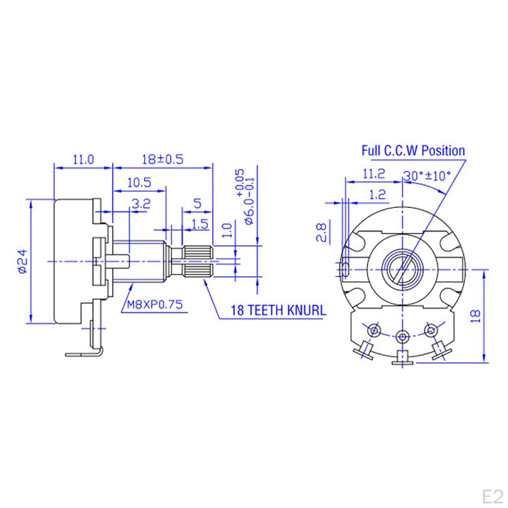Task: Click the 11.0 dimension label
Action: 83,159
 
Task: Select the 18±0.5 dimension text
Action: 162,159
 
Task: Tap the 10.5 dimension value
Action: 139,182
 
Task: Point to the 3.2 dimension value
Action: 141,203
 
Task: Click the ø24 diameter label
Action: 21,261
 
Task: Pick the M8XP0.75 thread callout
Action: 153,305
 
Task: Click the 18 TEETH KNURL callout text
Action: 278,311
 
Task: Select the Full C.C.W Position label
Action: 413,151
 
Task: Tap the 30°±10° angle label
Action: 427,176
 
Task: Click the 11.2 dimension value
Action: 374,174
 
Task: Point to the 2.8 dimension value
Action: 321,232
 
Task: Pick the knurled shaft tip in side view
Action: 199,261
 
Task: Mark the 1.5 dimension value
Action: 199,224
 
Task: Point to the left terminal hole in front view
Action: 373,329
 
